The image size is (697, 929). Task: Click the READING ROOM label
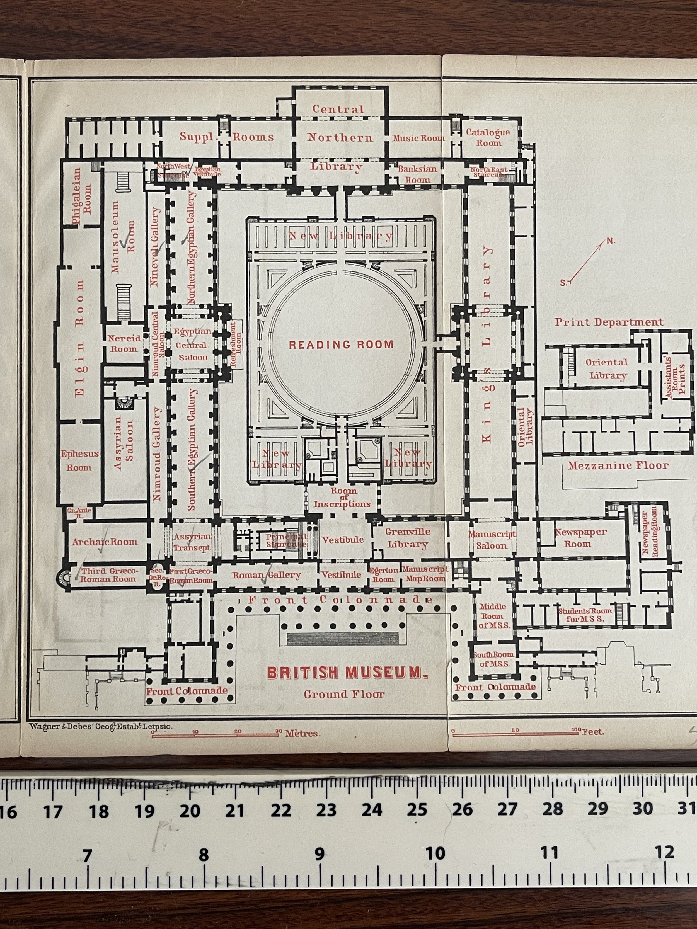click(x=341, y=345)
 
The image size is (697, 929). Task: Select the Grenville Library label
click(x=408, y=538)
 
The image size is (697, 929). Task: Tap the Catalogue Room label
click(x=488, y=137)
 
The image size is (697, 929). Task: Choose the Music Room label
click(x=418, y=138)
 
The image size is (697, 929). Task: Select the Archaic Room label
click(x=105, y=542)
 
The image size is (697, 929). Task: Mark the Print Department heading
click(x=609, y=322)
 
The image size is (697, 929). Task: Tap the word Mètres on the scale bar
click(x=303, y=734)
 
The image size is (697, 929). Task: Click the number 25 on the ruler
click(x=417, y=809)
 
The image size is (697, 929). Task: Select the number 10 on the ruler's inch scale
click(x=435, y=853)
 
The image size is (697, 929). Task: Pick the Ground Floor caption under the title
click(x=344, y=694)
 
